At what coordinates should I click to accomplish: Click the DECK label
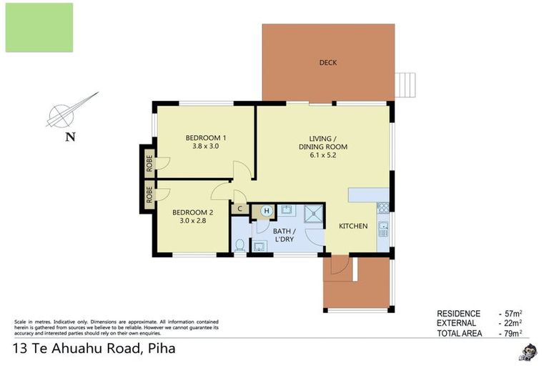click(x=327, y=63)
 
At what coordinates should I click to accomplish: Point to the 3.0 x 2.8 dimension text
click(x=192, y=221)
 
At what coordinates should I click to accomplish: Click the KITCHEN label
click(x=353, y=227)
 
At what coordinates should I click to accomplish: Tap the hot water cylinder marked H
click(x=266, y=210)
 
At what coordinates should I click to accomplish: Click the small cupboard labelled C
click(x=240, y=209)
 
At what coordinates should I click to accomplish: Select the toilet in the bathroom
click(x=240, y=245)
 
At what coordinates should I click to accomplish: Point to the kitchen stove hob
click(x=382, y=208)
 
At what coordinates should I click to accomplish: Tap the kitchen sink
click(x=383, y=230)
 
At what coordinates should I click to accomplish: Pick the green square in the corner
click(x=39, y=27)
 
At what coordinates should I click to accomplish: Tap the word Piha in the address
click(x=161, y=350)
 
